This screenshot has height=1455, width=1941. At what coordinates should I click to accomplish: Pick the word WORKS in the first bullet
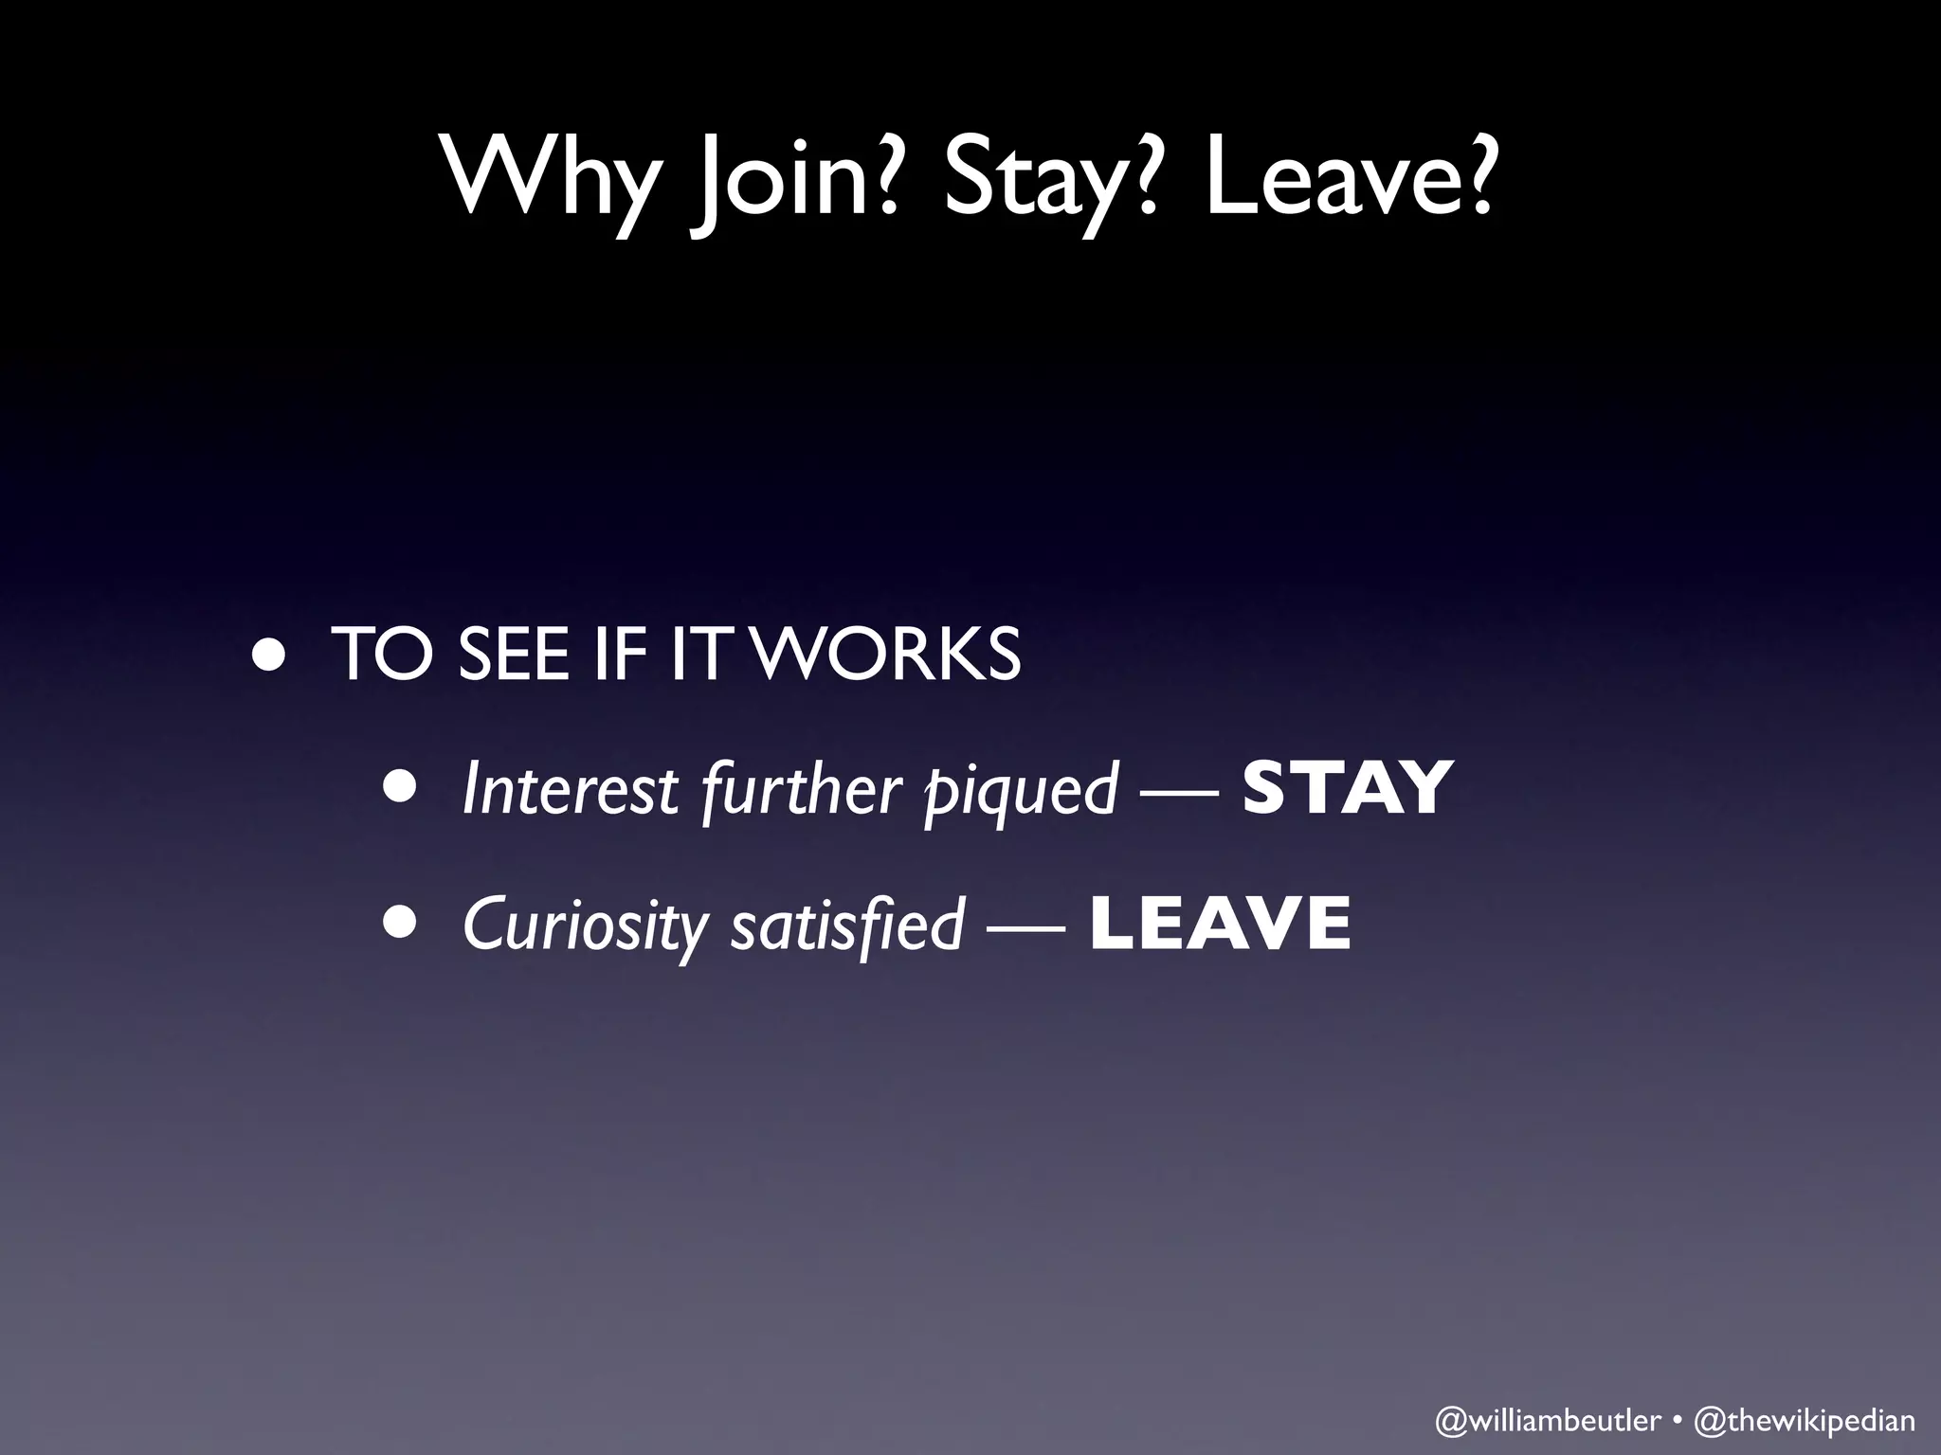click(891, 654)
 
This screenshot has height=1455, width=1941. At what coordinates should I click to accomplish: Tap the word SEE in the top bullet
click(513, 654)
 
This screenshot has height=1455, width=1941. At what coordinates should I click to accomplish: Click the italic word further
click(801, 789)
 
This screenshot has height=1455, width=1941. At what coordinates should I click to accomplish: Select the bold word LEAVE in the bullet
click(1221, 924)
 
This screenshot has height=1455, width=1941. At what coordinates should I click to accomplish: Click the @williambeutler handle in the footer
click(1548, 1420)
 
